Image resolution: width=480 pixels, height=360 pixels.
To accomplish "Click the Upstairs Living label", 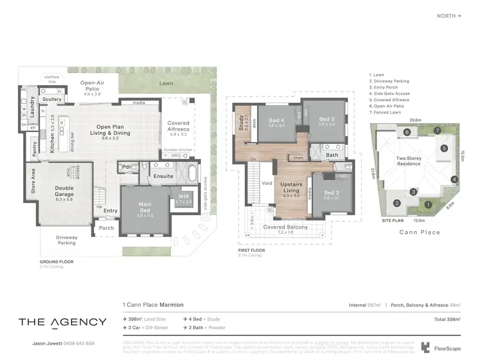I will [292, 187].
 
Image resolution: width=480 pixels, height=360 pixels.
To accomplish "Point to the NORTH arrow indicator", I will [451, 15].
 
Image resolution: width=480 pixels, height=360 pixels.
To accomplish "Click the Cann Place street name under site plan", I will [419, 232].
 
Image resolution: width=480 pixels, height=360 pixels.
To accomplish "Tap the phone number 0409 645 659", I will [77, 343].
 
